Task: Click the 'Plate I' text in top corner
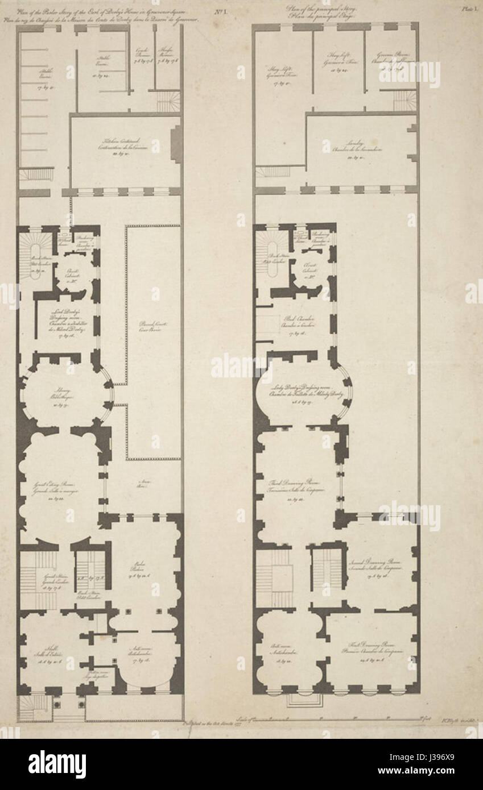point(468,9)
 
